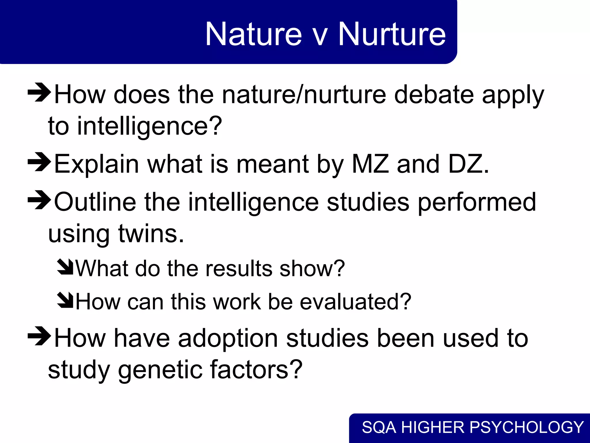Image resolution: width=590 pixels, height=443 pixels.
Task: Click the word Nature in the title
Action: [254, 34]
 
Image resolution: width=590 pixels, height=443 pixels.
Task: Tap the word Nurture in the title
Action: [392, 34]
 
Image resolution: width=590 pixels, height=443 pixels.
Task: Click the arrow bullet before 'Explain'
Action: [39, 162]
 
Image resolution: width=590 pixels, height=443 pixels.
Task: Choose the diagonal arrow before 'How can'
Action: [65, 300]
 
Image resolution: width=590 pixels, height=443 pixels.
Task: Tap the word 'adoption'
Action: [228, 339]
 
